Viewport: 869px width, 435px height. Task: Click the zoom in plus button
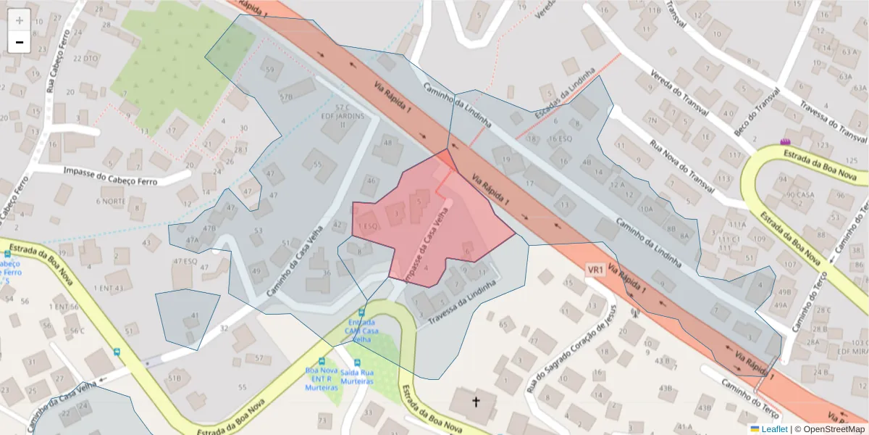(20, 20)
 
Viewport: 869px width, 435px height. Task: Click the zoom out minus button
(20, 42)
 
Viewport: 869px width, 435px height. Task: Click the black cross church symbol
(477, 401)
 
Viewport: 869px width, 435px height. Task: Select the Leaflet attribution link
(774, 429)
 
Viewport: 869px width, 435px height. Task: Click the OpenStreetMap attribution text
(829, 429)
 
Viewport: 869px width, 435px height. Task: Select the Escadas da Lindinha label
(565, 94)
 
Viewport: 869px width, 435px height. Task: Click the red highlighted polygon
(434, 217)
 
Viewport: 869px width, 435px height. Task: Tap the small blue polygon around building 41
(187, 318)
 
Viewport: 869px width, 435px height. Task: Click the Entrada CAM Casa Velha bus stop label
(362, 331)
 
